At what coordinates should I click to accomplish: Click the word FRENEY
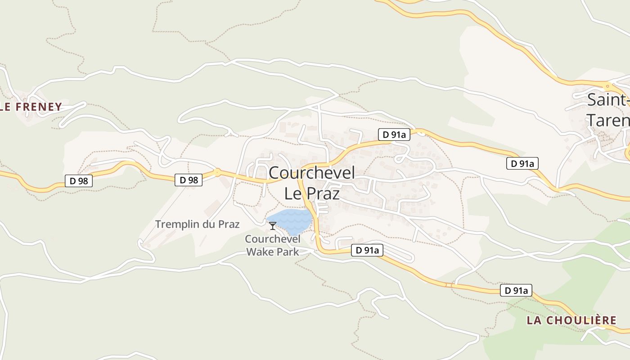(39, 107)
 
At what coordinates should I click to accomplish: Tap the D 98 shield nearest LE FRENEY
(79, 181)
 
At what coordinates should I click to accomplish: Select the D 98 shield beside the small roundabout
(189, 180)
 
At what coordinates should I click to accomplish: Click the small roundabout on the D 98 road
(217, 172)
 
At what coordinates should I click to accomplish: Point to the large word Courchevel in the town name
(312, 173)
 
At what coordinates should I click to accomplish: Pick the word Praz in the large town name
(323, 193)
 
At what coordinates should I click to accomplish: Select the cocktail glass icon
(272, 226)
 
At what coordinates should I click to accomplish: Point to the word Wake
(260, 252)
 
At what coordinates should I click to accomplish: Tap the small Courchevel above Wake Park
(273, 238)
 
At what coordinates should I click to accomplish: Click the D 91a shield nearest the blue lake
(367, 250)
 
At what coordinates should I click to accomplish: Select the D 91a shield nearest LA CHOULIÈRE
(516, 291)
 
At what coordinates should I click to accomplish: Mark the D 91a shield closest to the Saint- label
(522, 164)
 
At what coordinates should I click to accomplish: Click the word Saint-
(607, 100)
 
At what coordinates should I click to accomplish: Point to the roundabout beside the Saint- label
(607, 85)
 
